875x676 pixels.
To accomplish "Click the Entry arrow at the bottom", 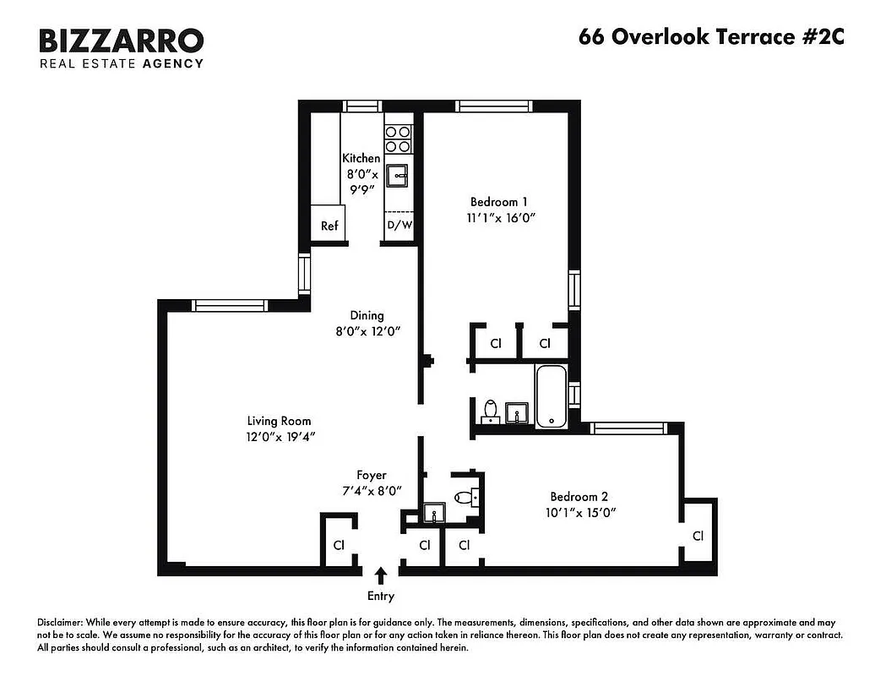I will (x=381, y=576).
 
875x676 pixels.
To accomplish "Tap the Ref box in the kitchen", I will (x=329, y=226).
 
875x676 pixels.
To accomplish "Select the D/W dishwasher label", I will (x=399, y=226).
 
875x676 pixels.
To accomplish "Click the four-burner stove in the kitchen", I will (x=398, y=139).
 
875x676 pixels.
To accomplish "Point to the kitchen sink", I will (x=398, y=175).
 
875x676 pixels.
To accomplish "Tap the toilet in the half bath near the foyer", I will (x=464, y=498).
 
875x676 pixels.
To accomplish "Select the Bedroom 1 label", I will (x=498, y=202).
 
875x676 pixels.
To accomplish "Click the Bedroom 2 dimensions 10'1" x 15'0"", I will (x=579, y=513).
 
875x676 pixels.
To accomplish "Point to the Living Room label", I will (x=279, y=421).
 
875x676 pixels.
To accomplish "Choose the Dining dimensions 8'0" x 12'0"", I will (x=367, y=331).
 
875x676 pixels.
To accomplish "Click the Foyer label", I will (x=371, y=475).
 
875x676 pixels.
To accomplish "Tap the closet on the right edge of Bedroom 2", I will (x=698, y=535).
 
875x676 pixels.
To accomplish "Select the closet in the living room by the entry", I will (x=338, y=544).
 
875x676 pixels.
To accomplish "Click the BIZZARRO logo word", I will (x=121, y=41).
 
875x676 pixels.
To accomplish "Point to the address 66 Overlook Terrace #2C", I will (x=710, y=37).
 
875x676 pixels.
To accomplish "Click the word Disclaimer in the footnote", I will (x=59, y=621).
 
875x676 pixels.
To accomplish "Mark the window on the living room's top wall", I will (x=230, y=306).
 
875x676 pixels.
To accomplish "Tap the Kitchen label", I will (x=361, y=158).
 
